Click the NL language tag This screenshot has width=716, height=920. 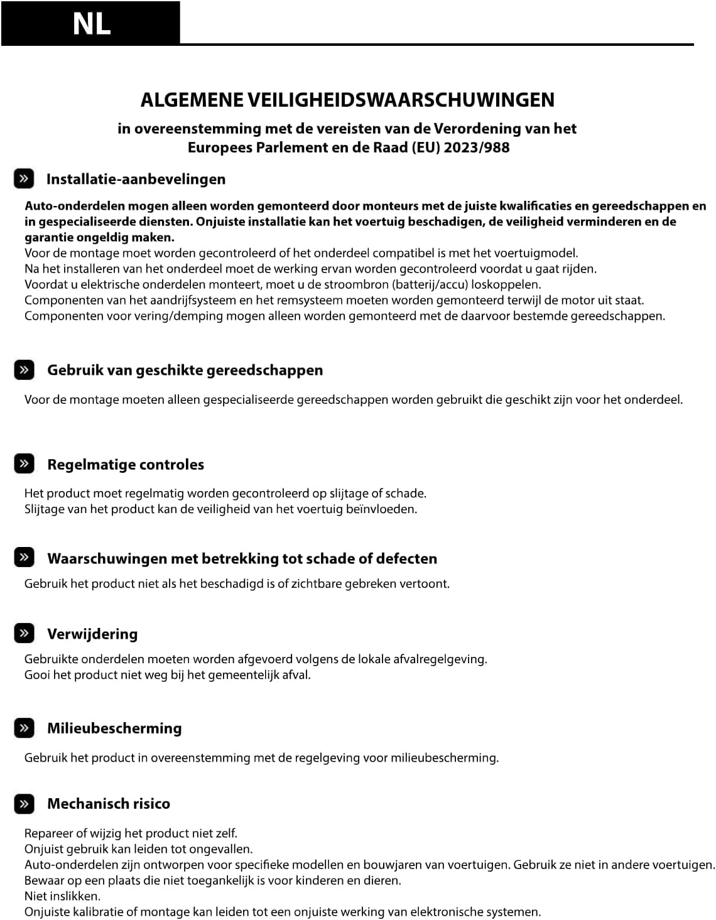pyautogui.click(x=92, y=24)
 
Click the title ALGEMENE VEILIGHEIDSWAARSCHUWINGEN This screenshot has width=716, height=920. pyautogui.click(x=347, y=100)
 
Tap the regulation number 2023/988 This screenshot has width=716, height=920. pyautogui.click(x=477, y=148)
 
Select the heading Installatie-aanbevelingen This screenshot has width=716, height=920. pyautogui.click(x=136, y=179)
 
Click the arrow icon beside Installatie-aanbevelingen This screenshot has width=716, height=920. pyautogui.click(x=24, y=179)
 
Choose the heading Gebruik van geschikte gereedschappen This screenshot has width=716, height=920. pyautogui.click(x=185, y=370)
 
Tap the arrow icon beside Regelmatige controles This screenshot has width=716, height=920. pyautogui.click(x=24, y=464)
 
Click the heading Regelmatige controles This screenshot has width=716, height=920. pyautogui.click(x=126, y=464)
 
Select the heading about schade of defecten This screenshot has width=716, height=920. pyautogui.click(x=242, y=558)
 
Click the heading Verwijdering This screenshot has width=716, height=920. pyautogui.click(x=92, y=634)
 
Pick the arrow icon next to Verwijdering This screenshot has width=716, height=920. pyautogui.click(x=24, y=634)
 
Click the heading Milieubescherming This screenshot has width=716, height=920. pyautogui.click(x=114, y=728)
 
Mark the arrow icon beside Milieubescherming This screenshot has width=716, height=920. pyautogui.click(x=24, y=728)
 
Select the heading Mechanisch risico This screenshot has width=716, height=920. pyautogui.click(x=109, y=803)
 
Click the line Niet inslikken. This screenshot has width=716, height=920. pyautogui.click(x=62, y=896)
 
